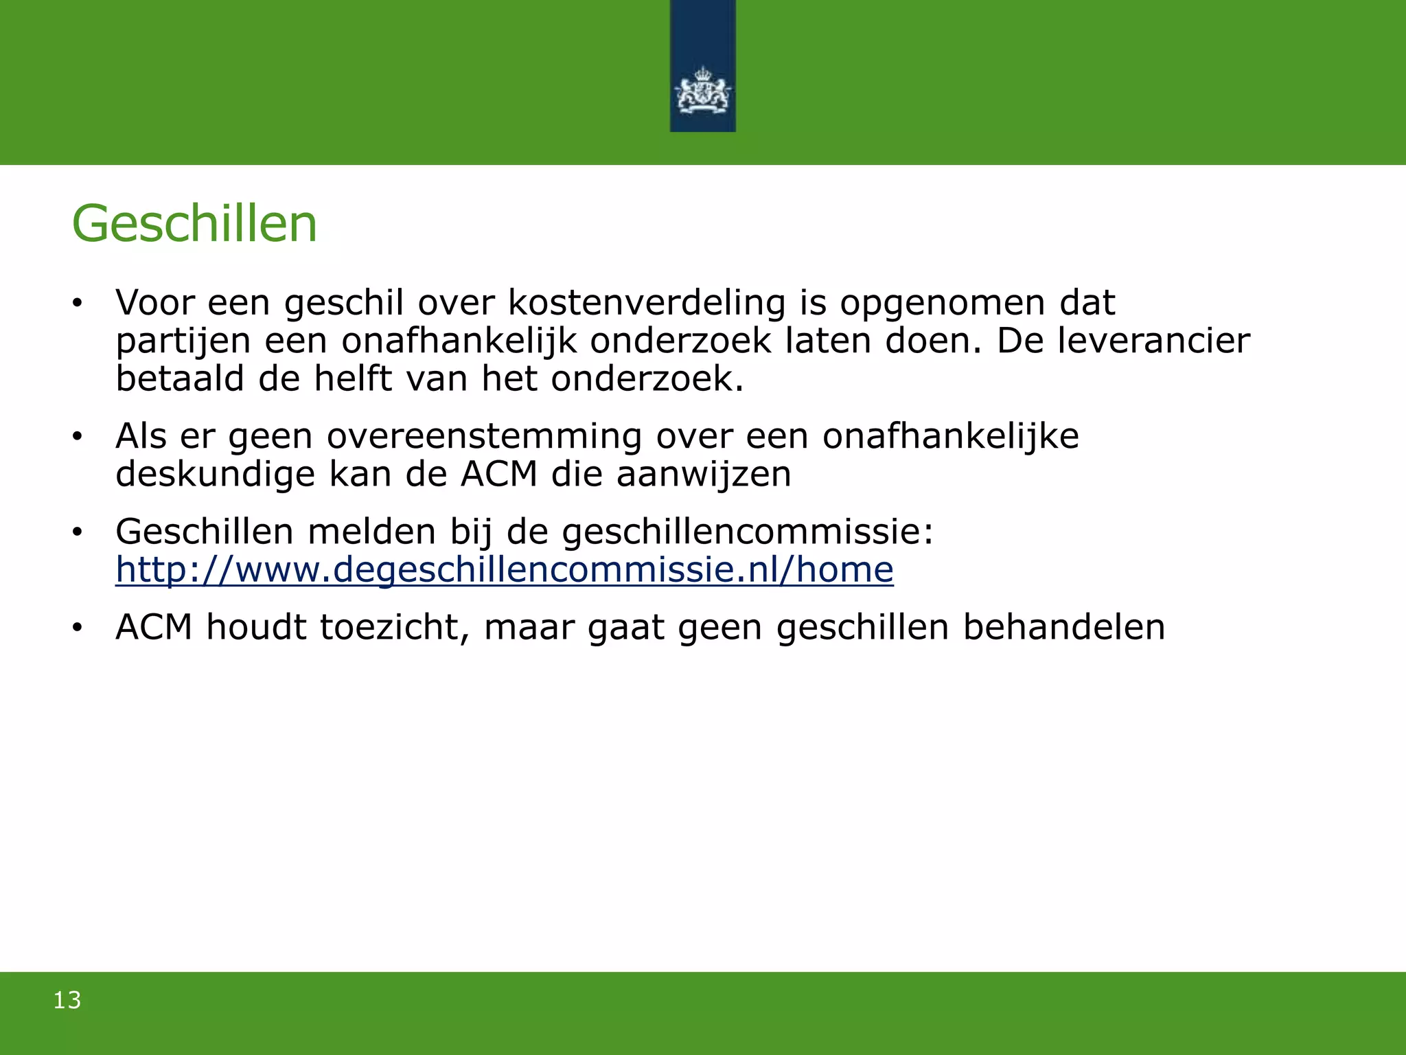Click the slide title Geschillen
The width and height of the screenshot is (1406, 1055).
[194, 225]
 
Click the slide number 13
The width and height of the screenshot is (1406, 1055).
[67, 1000]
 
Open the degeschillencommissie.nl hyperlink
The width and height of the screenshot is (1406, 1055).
[505, 570]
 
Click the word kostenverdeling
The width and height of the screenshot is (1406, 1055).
[647, 303]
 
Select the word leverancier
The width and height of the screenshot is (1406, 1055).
[1153, 341]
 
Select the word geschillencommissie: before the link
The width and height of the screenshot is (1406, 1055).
[748, 532]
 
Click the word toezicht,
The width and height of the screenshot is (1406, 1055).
[395, 627]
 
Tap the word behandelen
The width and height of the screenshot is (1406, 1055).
[1064, 627]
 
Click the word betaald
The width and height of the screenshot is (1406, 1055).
[180, 378]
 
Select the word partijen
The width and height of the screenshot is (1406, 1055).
[183, 342]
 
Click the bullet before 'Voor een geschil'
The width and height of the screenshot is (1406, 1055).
[78, 303]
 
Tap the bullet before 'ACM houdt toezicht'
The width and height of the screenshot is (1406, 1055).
[78, 628]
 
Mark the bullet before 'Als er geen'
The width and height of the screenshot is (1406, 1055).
[78, 437]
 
